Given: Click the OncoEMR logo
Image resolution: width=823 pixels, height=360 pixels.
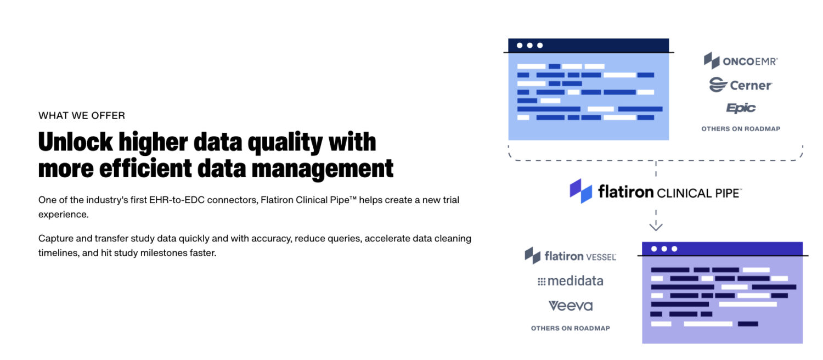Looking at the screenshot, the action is (x=741, y=60).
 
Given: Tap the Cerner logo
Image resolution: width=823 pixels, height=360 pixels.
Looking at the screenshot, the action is (x=741, y=85).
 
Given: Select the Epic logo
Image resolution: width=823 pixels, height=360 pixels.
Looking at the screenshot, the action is (x=741, y=108).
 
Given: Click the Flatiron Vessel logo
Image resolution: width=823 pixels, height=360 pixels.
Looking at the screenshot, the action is (x=570, y=256).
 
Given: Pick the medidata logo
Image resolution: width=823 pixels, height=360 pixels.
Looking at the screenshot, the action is (x=570, y=281).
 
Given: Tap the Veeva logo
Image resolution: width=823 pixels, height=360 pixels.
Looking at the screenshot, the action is (x=571, y=306).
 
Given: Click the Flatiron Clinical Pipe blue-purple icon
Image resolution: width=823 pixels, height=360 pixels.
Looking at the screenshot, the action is (x=581, y=191).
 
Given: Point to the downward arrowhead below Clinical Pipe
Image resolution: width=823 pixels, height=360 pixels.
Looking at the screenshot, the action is (x=656, y=226).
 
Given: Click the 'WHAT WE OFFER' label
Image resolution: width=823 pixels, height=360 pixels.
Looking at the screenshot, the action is (x=82, y=116).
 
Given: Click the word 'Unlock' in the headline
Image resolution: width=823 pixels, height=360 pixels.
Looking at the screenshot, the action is (x=75, y=142).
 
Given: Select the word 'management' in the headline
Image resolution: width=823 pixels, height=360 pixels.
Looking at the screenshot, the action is (x=322, y=169).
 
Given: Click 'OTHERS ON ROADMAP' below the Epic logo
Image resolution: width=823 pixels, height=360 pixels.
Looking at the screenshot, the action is (x=741, y=129).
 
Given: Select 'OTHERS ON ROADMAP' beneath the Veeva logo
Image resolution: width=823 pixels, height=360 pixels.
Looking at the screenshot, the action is (x=570, y=328).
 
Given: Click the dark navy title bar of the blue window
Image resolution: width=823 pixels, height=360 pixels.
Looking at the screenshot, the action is (x=589, y=46).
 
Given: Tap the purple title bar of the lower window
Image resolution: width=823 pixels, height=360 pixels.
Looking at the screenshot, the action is (x=723, y=249).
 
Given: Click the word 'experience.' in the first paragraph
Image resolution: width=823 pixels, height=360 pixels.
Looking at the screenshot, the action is (x=64, y=215).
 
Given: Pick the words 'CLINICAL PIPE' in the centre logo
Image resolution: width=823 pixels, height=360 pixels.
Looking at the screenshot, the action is (x=699, y=193).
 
